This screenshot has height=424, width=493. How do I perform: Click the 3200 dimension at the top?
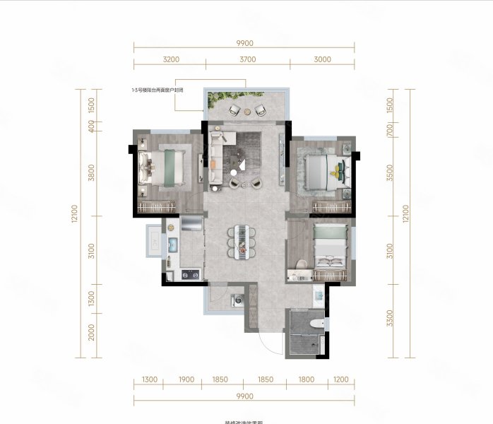click(170, 59)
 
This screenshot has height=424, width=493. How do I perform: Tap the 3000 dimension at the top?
click(321, 59)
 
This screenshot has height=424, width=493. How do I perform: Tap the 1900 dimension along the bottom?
click(186, 379)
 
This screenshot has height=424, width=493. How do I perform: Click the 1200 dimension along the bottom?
click(340, 379)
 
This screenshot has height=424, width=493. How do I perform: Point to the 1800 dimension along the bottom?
click(306, 379)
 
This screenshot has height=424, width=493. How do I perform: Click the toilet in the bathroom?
click(317, 323)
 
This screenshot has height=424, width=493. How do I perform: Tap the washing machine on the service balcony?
click(237, 299)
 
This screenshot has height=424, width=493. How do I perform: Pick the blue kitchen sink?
click(172, 244)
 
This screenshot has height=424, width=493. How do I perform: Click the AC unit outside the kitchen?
click(153, 240)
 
